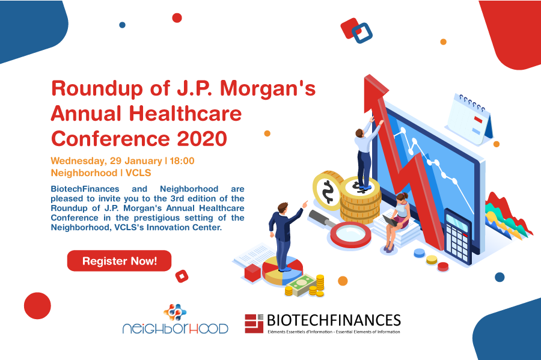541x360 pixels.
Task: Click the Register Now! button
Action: [119, 261]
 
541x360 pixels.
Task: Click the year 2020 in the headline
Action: [202, 139]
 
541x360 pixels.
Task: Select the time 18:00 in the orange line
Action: [182, 161]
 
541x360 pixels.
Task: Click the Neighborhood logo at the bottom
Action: [176, 320]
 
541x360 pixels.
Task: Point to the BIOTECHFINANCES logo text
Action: [334, 320]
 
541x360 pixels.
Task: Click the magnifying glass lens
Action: [350, 235]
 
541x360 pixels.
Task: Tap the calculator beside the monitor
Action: [458, 235]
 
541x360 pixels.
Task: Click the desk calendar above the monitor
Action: [470, 119]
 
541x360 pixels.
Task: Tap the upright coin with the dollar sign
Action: [327, 191]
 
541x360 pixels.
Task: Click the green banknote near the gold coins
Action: [302, 285]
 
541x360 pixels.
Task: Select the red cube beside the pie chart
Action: [252, 273]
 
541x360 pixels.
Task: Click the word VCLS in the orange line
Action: [138, 172]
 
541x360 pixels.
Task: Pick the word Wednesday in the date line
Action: [78, 162]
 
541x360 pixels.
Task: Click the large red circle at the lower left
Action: [37, 305]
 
